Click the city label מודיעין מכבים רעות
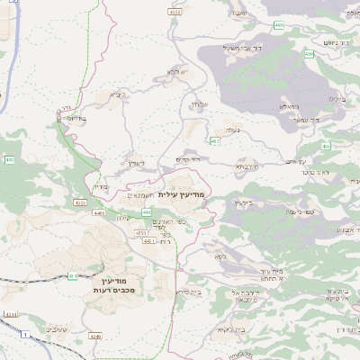112,286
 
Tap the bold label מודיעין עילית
182,194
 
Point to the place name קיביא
118,94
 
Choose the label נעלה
234,130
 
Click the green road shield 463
214,141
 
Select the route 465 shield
280,25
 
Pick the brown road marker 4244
11,313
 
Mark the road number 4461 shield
148,241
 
